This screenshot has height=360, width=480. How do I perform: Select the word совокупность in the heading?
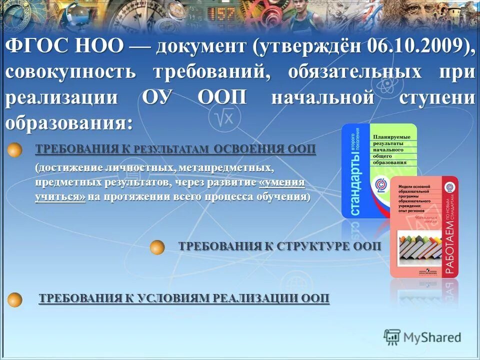pyautogui.click(x=70, y=71)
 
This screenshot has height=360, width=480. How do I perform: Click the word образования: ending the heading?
pyautogui.click(x=70, y=122)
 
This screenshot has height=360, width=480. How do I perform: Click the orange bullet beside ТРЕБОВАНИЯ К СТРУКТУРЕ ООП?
pyautogui.click(x=157, y=247)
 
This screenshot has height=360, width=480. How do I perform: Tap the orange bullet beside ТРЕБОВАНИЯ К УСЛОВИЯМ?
pyautogui.click(x=15, y=299)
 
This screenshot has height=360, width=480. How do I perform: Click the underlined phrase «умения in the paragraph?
pyautogui.click(x=282, y=182)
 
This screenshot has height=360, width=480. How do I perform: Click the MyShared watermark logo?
pyautogui.click(x=422, y=337)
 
